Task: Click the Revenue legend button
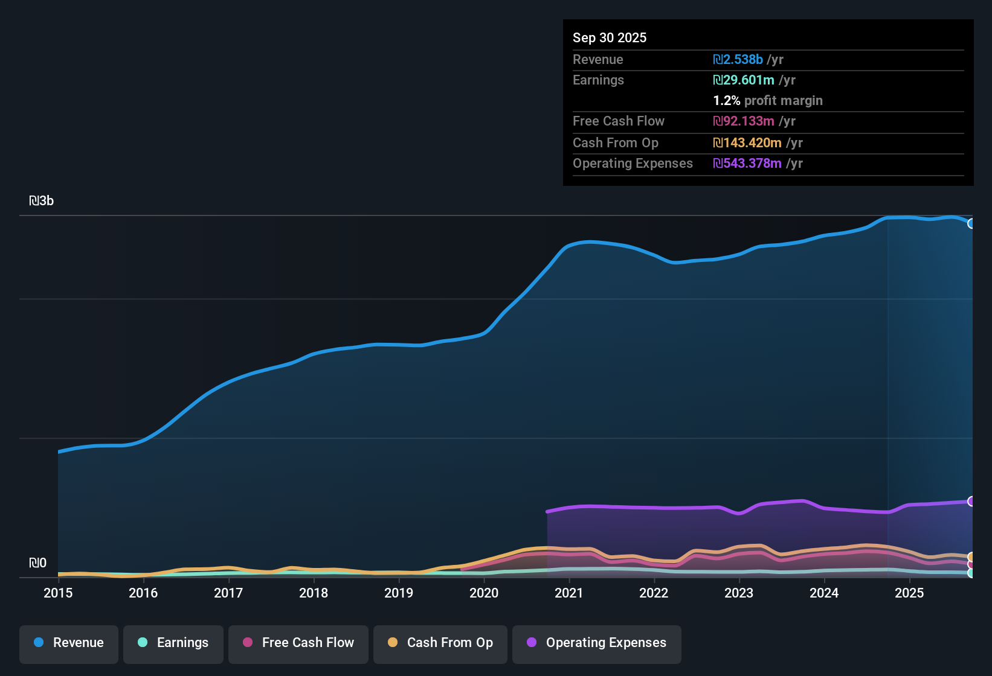pyautogui.click(x=69, y=643)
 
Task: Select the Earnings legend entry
pyautogui.click(x=173, y=643)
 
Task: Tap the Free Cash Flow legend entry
pyautogui.click(x=298, y=643)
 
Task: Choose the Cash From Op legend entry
pyautogui.click(x=440, y=643)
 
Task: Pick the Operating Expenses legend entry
pyautogui.click(x=597, y=643)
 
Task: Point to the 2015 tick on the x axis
pyautogui.click(x=58, y=593)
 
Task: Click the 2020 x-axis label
pyautogui.click(x=484, y=593)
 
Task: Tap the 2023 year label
pyautogui.click(x=739, y=593)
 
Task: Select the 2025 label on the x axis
pyautogui.click(x=909, y=593)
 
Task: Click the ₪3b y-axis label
pyautogui.click(x=42, y=201)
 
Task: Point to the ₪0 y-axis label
pyautogui.click(x=37, y=563)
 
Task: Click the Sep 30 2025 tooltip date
pyautogui.click(x=610, y=38)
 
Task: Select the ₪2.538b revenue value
pyautogui.click(x=738, y=60)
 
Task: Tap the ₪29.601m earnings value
pyautogui.click(x=744, y=80)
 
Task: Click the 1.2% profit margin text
pyautogui.click(x=768, y=101)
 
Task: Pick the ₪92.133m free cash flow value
pyautogui.click(x=744, y=121)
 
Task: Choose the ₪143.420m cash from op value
pyautogui.click(x=747, y=143)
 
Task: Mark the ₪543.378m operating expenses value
pyautogui.click(x=747, y=164)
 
